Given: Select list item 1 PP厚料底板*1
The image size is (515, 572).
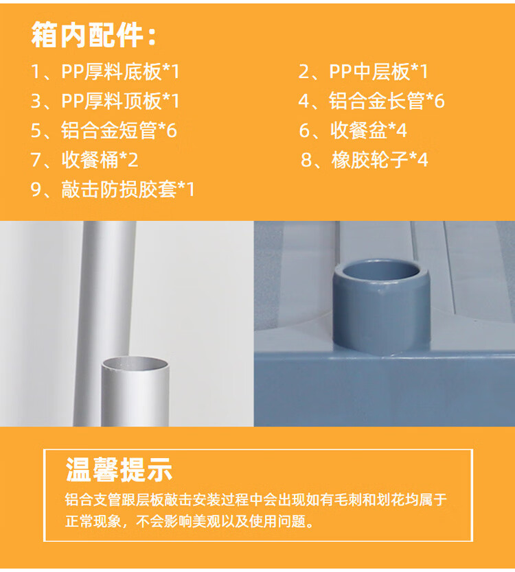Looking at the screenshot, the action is [106, 71].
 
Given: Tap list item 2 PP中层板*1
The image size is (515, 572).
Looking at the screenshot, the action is [363, 71].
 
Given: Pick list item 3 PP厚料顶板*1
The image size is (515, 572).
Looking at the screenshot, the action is [106, 101].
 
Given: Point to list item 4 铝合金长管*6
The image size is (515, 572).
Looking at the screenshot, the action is [371, 101].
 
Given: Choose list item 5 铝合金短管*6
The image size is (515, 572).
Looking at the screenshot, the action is [104, 130].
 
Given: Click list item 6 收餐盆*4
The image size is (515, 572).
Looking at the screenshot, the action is [353, 130].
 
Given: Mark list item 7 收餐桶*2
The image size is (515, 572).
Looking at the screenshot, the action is [84, 160].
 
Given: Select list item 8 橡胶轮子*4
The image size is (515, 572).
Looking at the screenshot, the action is [364, 160].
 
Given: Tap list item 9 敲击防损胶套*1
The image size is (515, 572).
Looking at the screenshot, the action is [113, 189].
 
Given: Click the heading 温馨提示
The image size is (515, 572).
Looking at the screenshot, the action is [119, 470].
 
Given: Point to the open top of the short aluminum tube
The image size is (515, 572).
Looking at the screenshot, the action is [135, 364].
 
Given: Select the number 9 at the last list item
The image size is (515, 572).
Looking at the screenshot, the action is [36, 190].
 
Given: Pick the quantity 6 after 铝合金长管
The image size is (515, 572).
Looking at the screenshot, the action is [439, 102].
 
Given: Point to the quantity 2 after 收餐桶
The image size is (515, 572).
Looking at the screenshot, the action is [133, 160].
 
